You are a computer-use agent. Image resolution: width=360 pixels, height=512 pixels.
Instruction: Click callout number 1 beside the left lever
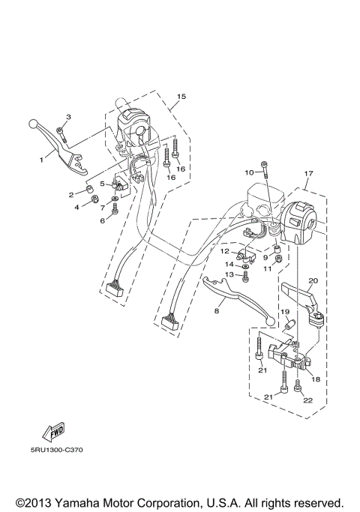pos(42,160)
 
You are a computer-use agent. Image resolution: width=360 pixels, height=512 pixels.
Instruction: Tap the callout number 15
pos(181,97)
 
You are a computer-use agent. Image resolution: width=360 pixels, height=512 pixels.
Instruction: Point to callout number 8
pos(217,310)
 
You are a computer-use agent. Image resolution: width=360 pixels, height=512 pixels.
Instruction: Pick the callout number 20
pos(313,280)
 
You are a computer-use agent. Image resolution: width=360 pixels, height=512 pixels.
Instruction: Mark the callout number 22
pos(307,400)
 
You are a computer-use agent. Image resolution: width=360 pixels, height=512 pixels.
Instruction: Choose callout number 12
pos(224,252)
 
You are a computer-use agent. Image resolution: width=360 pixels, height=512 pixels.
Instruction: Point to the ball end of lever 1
pos(31,123)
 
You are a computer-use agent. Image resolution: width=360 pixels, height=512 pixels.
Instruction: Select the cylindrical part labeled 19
pos(286,326)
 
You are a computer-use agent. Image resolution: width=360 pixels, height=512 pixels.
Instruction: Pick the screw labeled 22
pos(298,386)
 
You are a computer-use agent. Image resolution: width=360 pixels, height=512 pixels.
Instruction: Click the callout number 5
pos(103,183)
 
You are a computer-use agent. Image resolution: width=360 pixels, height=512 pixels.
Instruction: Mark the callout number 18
pos(316,380)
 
